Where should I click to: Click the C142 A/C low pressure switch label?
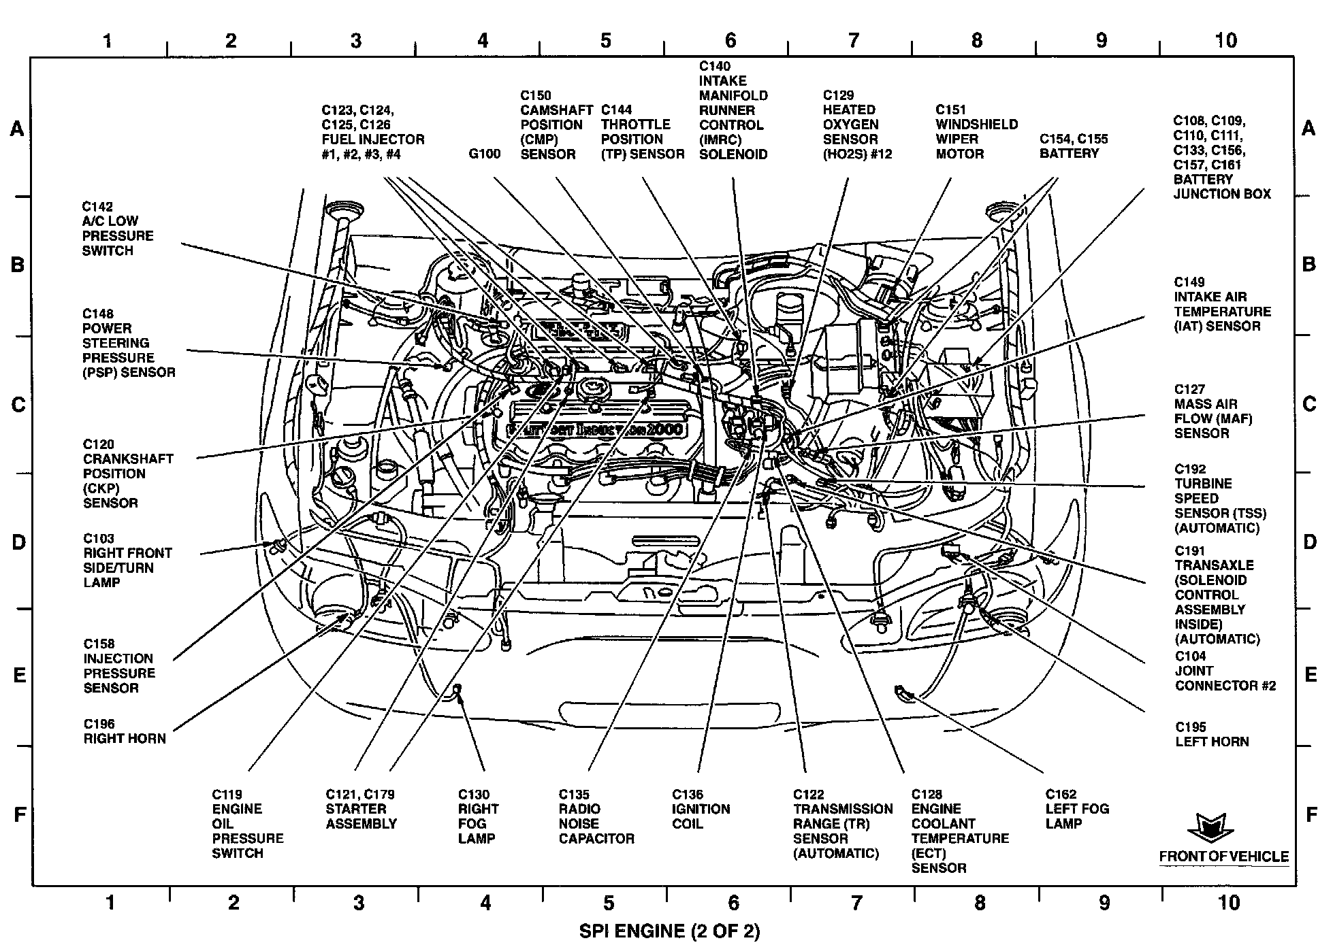click(118, 229)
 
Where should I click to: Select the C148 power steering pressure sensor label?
click(129, 343)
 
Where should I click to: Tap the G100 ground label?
click(484, 154)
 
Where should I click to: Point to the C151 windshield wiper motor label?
click(976, 132)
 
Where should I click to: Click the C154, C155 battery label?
click(1073, 146)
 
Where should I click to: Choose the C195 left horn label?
click(1212, 734)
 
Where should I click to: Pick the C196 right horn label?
click(125, 731)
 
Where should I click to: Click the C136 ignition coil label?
click(701, 809)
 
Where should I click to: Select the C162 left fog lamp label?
click(1077, 809)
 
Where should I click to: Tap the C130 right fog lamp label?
click(478, 816)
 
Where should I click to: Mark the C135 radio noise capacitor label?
click(596, 816)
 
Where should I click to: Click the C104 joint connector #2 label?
click(1225, 671)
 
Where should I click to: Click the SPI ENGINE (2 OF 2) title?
click(669, 931)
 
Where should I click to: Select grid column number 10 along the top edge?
click(1225, 40)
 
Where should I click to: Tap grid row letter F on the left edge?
click(20, 814)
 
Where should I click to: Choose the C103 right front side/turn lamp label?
click(127, 561)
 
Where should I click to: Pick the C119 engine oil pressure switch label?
click(247, 824)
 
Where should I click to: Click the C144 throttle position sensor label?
click(642, 132)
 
